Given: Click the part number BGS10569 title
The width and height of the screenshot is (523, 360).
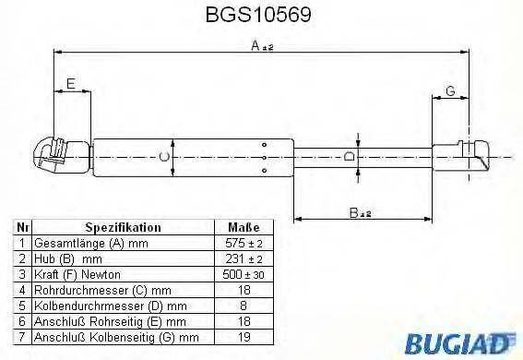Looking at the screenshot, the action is click(258, 15).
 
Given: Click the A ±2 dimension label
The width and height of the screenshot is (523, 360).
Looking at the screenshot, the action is click(262, 46).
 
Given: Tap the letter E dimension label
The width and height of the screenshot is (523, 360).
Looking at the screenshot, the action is click(71, 83).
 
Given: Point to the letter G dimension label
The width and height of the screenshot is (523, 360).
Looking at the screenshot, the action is click(451, 90).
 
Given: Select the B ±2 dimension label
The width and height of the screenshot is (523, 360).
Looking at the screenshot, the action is click(360, 212).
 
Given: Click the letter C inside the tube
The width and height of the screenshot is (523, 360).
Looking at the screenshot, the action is click(164, 157).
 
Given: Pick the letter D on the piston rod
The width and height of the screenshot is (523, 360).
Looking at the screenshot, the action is click(349, 157).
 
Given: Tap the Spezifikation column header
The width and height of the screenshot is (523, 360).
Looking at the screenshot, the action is click(123, 228).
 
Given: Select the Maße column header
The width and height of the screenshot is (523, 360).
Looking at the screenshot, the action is click(244, 228).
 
